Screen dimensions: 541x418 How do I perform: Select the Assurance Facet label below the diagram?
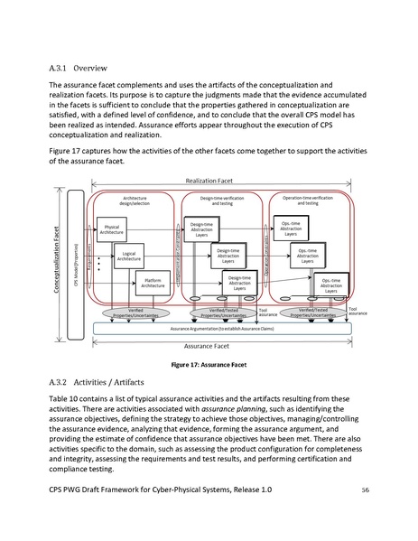point(209,344)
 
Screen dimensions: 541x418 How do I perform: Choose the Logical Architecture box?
point(132,257)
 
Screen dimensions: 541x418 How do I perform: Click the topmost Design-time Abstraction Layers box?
point(201,224)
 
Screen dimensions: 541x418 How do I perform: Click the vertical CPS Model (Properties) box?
point(88,262)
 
